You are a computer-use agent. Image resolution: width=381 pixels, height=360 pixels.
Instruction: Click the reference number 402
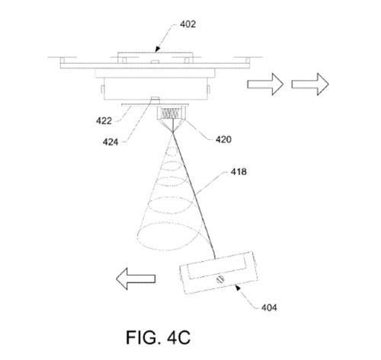coord(188,24)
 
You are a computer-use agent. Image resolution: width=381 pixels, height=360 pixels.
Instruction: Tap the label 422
coord(104,121)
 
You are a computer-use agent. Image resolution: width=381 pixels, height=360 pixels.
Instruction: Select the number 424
coord(110,142)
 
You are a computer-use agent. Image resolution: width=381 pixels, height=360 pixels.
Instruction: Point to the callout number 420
coord(223,139)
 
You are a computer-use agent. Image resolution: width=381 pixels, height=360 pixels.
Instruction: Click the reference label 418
coord(239,172)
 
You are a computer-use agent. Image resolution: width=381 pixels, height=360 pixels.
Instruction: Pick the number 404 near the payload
coord(269,307)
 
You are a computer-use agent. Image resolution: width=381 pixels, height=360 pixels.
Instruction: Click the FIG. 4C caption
coord(158,337)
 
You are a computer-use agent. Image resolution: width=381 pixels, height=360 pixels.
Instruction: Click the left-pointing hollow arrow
coord(136,279)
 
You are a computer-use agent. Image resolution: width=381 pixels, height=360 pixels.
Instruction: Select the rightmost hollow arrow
coord(310,84)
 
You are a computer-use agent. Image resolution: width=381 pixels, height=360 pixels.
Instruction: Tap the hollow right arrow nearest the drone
coord(265,84)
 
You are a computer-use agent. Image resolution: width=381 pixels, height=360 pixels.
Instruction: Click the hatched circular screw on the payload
coord(220,279)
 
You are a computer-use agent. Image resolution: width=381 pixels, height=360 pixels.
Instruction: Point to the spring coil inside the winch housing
coord(170,113)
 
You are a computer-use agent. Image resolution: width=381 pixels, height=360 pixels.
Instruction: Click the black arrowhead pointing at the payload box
coord(237,287)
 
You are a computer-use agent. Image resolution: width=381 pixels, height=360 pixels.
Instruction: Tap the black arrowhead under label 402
coord(158,49)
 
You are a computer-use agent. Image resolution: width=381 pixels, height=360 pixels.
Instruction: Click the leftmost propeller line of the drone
coord(62,57)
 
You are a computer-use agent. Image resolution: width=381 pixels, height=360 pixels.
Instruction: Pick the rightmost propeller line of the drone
coord(248,57)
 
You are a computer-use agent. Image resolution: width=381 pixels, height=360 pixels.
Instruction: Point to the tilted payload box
coord(219,273)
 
